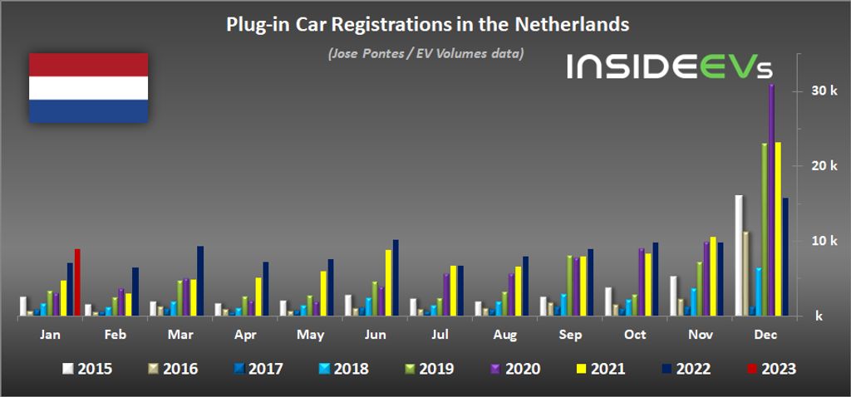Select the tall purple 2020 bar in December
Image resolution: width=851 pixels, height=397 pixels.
pyautogui.click(x=771, y=200)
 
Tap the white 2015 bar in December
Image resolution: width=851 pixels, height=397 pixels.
pyautogui.click(x=738, y=256)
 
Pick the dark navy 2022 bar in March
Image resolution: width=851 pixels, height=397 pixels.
pyautogui.click(x=199, y=282)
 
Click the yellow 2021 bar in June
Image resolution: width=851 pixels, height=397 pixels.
pyautogui.click(x=388, y=283)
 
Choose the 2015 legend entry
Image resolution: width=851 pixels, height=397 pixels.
pyautogui.click(x=89, y=368)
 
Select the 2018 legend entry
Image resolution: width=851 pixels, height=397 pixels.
pyautogui.click(x=342, y=368)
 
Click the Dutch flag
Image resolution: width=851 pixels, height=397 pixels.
pyautogui.click(x=89, y=87)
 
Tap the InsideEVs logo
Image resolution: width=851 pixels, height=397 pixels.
pyautogui.click(x=679, y=67)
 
